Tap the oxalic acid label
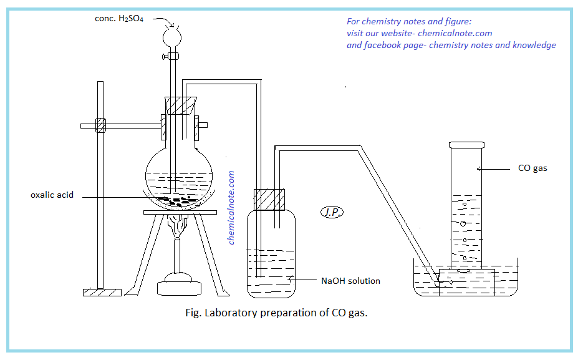(x=52, y=195)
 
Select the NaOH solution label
(x=350, y=281)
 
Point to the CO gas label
(x=532, y=168)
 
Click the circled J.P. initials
(x=330, y=212)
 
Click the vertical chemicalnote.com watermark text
(x=231, y=208)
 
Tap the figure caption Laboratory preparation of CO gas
(x=277, y=313)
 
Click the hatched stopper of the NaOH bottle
(x=269, y=200)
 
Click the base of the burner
(x=180, y=288)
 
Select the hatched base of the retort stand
(x=102, y=292)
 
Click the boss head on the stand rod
(x=100, y=125)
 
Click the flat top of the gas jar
(x=467, y=144)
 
